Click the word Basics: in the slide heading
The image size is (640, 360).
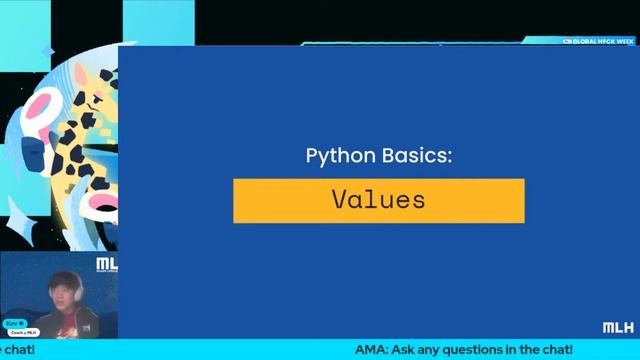pyautogui.click(x=412, y=157)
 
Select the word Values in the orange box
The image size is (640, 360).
pyautogui.click(x=378, y=199)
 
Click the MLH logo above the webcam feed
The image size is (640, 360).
pyautogui.click(x=106, y=265)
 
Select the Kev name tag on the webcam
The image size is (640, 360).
pyautogui.click(x=13, y=324)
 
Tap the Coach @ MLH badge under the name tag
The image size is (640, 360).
pyautogui.click(x=23, y=332)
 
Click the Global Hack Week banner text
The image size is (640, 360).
pyautogui.click(x=601, y=42)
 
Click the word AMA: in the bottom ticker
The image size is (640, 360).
pyautogui.click(x=371, y=350)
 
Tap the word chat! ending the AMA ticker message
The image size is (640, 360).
pyautogui.click(x=555, y=350)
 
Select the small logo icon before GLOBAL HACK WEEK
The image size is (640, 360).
pyautogui.click(x=567, y=42)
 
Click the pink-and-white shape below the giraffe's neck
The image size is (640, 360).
pyautogui.click(x=100, y=204)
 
